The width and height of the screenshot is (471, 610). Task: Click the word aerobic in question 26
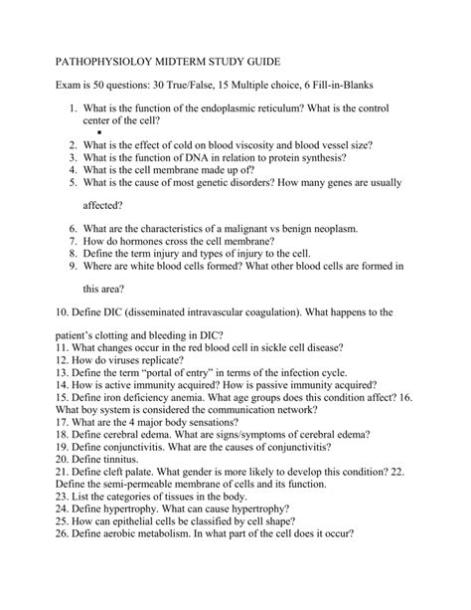[x=116, y=557]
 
